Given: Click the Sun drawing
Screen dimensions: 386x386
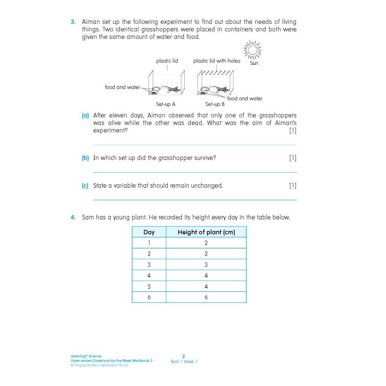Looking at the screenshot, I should [253, 50].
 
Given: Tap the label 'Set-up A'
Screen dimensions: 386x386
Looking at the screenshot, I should [165, 104].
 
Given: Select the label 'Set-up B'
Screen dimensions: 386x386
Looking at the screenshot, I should [215, 104].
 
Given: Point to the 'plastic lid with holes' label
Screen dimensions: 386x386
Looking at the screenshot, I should [216, 61].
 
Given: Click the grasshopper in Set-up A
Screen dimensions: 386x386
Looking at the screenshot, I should [173, 89].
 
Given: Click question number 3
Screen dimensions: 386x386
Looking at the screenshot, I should [73, 22].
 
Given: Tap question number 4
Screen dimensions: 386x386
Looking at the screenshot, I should [73, 218].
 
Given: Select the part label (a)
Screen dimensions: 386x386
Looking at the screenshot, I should [85, 116].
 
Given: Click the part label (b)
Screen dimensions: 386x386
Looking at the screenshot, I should [85, 158].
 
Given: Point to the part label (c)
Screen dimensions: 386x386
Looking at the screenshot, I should [85, 186].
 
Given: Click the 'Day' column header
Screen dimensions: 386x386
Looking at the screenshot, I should [149, 232].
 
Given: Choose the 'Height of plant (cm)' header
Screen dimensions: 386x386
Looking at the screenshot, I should [206, 232].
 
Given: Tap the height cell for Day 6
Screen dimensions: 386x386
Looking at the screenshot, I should [206, 297].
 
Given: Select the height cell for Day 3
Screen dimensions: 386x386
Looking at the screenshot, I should [206, 265].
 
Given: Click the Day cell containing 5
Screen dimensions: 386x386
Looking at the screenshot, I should [149, 286].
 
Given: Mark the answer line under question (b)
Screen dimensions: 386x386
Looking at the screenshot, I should [195, 172].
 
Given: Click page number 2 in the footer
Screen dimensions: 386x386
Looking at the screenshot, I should [184, 356].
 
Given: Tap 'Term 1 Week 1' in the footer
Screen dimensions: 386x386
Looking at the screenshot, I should [184, 362].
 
